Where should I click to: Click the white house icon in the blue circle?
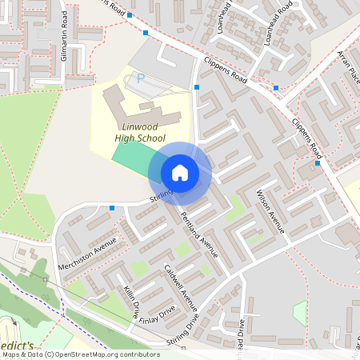click(180, 173)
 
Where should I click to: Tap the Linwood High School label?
click(134, 132)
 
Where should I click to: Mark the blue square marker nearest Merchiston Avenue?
click(112, 208)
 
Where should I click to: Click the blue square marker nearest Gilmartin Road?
click(146, 33)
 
